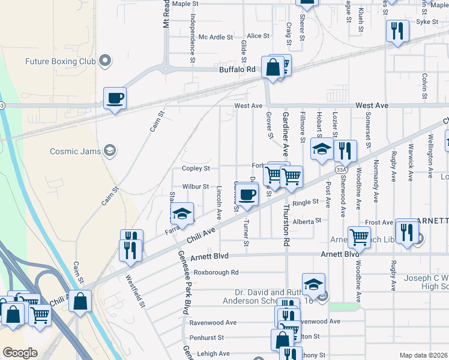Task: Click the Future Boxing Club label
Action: coord(60,61)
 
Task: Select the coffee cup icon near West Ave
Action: coord(115,98)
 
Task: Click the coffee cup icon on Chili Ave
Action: coord(247,194)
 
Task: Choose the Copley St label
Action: coord(196,169)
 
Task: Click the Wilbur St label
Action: coord(196,187)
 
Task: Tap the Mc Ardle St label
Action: coord(215,37)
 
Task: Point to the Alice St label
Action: coord(258,36)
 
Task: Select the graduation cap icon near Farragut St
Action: coord(182,214)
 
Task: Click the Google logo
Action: coord(20,353)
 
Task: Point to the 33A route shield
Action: coord(342,170)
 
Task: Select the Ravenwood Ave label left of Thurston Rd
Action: coord(211,322)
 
